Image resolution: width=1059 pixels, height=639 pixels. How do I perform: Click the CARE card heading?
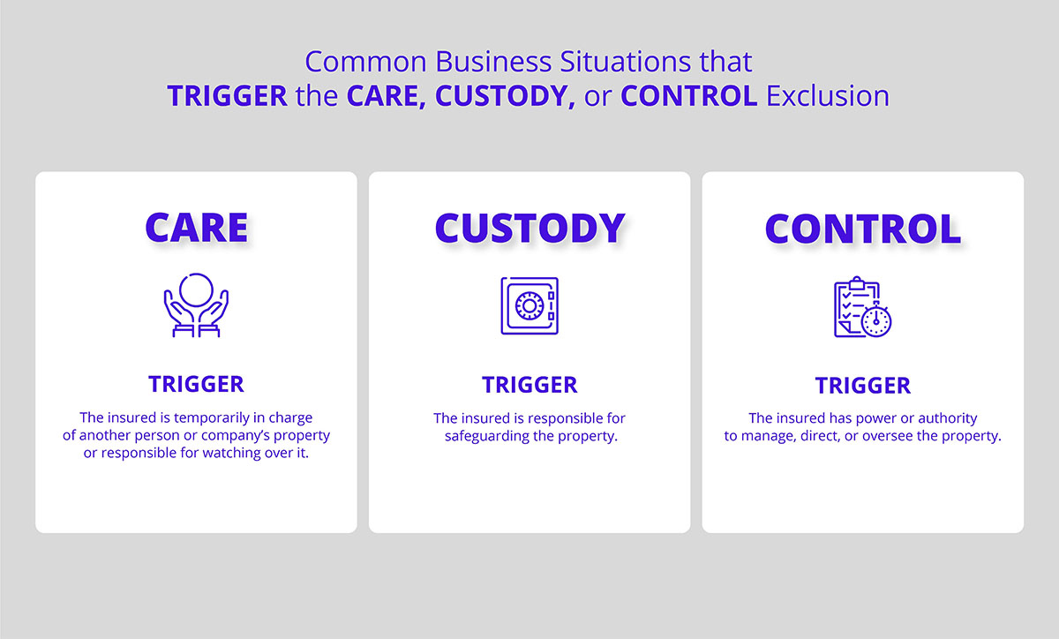point(196,227)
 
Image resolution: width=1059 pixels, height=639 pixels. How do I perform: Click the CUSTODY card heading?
point(529,228)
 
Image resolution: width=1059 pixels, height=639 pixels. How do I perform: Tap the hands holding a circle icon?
point(196,305)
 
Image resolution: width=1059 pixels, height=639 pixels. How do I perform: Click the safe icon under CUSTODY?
point(529,305)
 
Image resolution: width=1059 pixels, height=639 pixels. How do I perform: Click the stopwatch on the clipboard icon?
point(876,321)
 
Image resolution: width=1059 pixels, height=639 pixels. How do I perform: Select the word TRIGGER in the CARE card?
point(196,384)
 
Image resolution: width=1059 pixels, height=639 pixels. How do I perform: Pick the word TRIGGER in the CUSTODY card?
point(529,385)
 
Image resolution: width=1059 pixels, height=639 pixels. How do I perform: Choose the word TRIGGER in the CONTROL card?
point(862,386)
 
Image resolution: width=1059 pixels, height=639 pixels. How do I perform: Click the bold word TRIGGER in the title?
point(227,95)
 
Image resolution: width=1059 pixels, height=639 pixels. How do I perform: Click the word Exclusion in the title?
point(828,95)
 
